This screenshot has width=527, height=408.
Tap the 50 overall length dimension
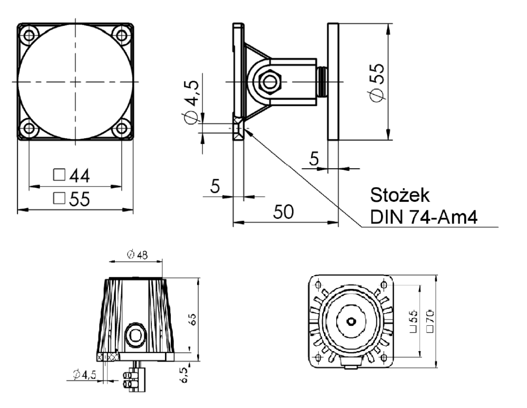pyautogui.click(x=283, y=211)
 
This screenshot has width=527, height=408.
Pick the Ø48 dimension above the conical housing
pyautogui.click(x=138, y=255)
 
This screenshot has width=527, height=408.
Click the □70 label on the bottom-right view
pyautogui.click(x=430, y=321)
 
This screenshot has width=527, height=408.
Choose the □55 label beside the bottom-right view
pyautogui.click(x=413, y=321)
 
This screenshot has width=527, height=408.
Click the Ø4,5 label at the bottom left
pyautogui.click(x=84, y=375)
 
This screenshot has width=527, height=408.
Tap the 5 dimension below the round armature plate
pyautogui.click(x=315, y=159)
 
